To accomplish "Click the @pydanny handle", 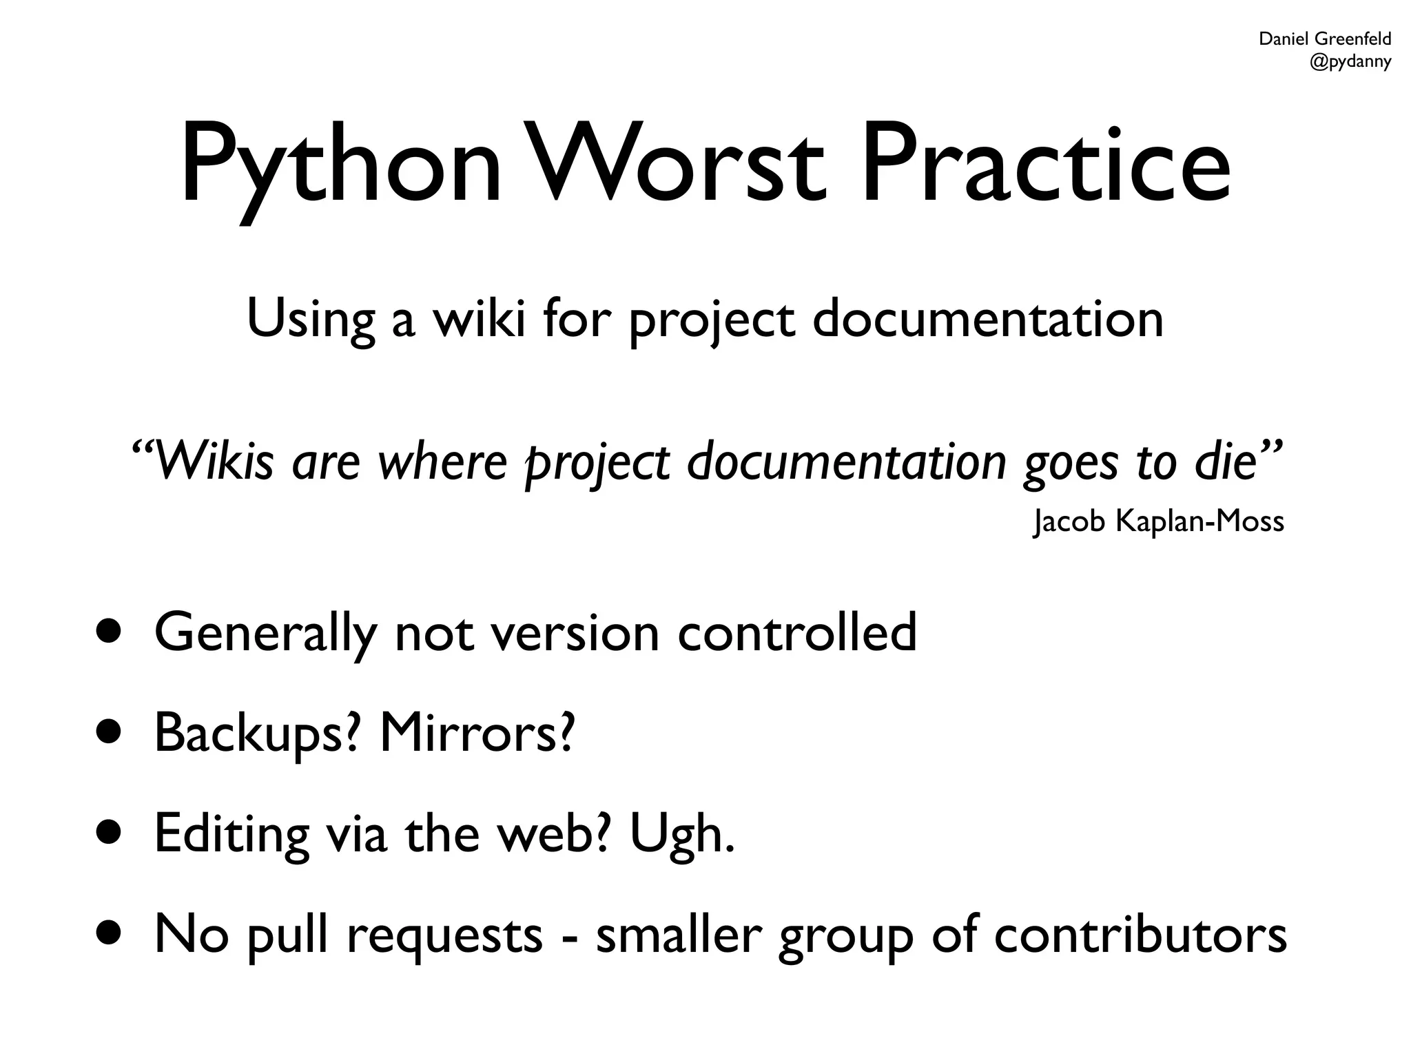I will point(1350,62).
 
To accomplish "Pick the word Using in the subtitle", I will point(311,320).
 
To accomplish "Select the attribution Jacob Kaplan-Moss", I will point(1159,521).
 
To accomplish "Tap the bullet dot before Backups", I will point(110,732).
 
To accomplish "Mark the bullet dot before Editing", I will point(110,833).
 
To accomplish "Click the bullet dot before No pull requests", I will point(110,934).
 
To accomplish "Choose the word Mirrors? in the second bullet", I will point(477,732).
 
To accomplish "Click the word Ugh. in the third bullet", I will point(682,834).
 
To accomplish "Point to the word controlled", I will point(797,632).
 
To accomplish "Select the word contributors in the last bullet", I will point(1140,935).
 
